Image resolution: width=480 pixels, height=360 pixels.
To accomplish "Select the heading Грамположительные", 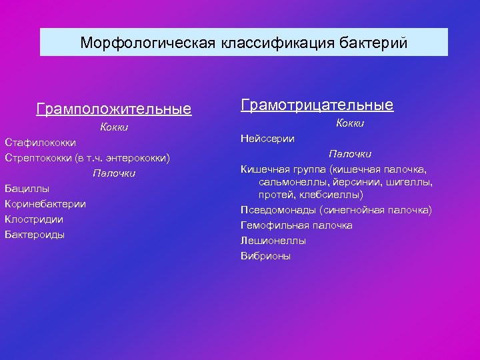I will pos(114,109).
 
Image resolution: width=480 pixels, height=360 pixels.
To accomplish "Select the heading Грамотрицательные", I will pos(317,105).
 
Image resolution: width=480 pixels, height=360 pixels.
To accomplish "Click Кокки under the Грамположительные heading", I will pos(114,127).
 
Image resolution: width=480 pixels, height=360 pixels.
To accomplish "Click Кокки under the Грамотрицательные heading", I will pos(350,123).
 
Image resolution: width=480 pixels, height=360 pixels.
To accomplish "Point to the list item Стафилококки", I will pos(40,143).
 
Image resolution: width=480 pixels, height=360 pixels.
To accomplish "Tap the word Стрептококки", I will pos(37,158).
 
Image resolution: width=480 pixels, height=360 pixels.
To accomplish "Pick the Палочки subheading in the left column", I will pos(114,173).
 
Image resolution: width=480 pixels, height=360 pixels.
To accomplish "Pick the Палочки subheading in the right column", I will pos(350,154).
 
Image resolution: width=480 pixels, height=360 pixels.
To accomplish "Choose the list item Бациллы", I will pos(27,189).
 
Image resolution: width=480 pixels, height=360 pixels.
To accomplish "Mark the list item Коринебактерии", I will pos(45,204).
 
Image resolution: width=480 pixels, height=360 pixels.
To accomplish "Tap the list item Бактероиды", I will pos(35,235).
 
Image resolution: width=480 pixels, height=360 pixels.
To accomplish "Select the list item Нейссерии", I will pos(267,139).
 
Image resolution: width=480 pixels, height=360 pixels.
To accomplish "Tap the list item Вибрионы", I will pos(265,256).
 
